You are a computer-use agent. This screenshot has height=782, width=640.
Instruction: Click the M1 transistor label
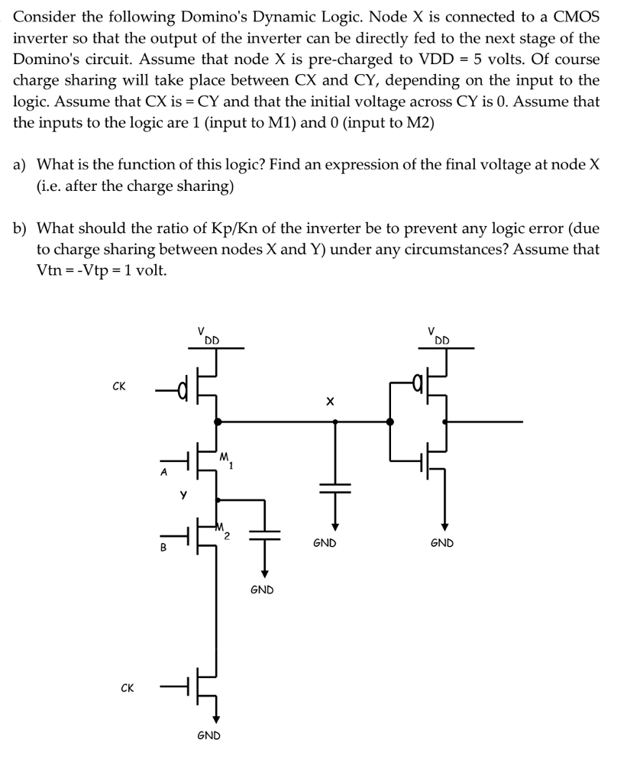(226, 460)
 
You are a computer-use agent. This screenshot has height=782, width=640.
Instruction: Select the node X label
(330, 401)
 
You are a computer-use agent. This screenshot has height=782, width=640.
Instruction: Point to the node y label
(183, 493)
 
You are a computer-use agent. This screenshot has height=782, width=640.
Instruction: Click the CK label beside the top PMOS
(119, 386)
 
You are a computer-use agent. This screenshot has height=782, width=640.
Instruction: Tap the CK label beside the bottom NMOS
(128, 688)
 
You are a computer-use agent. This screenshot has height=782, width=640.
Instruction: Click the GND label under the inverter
(442, 543)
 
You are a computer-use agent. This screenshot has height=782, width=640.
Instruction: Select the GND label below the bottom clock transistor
(208, 735)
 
